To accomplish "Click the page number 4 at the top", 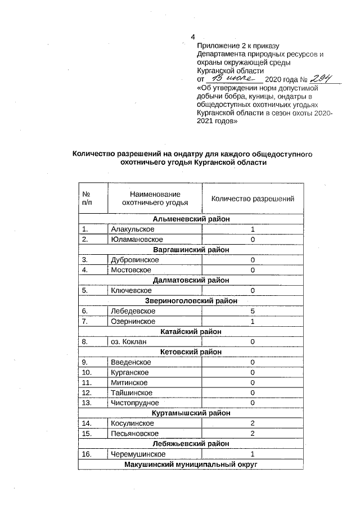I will tap(192, 38).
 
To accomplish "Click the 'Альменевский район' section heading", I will tap(191, 219).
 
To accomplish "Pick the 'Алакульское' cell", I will tap(133, 229).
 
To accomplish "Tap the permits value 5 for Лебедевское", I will tap(253, 310).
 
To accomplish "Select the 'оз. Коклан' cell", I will tap(129, 341).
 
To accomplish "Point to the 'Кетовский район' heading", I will tap(191, 352).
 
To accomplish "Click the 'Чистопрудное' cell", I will tap(135, 403).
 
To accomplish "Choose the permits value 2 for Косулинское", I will tap(253, 423).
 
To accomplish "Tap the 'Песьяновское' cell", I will tap(134, 433).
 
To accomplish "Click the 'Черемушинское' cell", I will tap(138, 454).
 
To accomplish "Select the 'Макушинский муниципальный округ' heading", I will tap(191, 464).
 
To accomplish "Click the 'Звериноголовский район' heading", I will tap(191, 300).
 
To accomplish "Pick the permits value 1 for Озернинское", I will tap(253, 321).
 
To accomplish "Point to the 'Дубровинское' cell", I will tap(135, 260).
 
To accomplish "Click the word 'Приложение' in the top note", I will tap(217, 46).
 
